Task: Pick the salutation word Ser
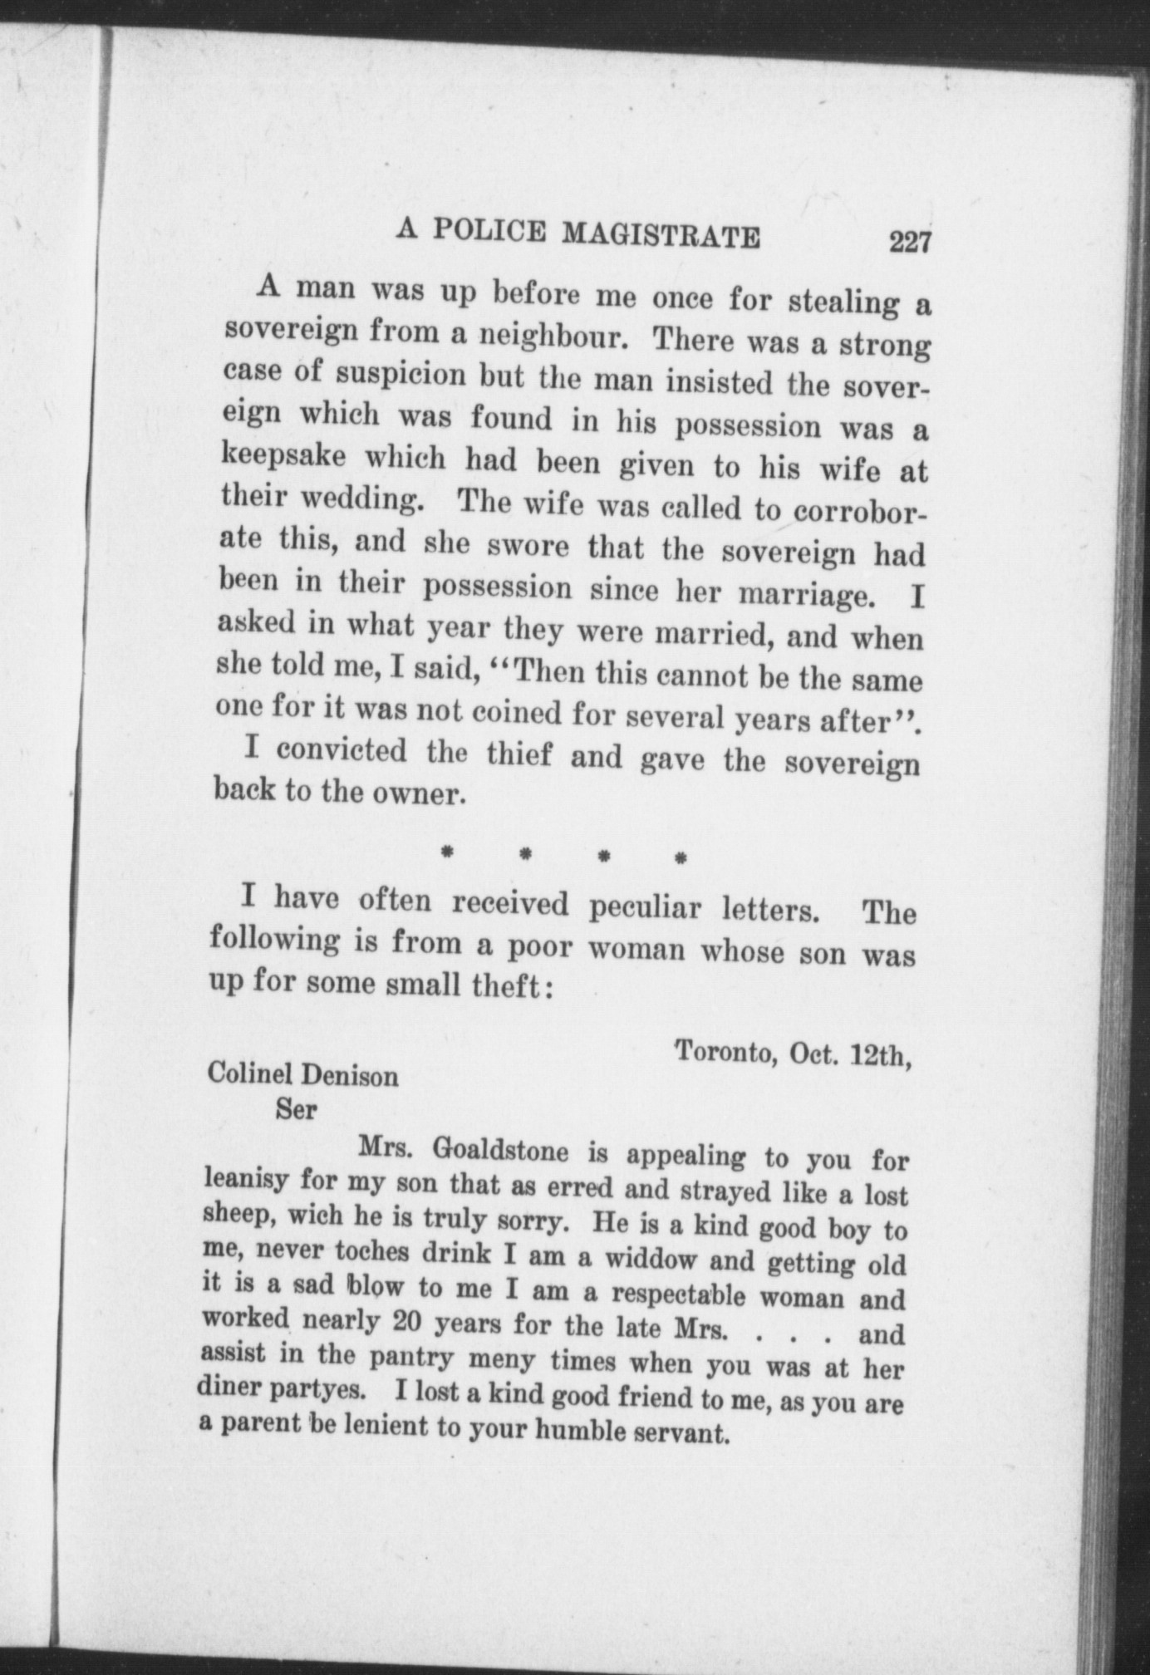pos(297,1109)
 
